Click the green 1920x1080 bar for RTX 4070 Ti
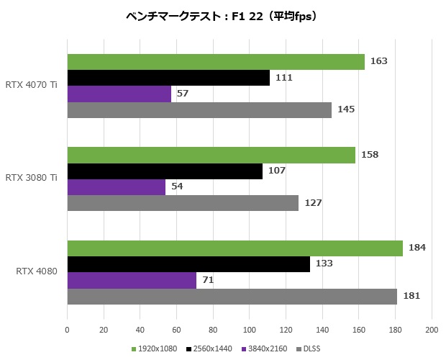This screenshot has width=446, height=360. click(216, 62)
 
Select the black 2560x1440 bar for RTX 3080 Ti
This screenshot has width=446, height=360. click(165, 171)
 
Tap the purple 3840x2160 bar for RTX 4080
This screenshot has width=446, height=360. click(132, 280)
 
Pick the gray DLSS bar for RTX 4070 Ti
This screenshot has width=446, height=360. click(199, 109)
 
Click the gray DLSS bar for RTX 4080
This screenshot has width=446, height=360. click(232, 296)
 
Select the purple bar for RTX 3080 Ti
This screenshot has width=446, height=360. click(117, 187)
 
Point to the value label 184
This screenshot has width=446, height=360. click(417, 248)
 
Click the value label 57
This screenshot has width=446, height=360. click(182, 94)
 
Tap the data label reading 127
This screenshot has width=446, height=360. click(312, 203)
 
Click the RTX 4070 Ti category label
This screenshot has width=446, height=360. click(32, 86)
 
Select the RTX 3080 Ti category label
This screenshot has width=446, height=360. click(32, 177)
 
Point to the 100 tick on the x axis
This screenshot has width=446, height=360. click(249, 330)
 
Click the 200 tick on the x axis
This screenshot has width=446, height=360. click(432, 330)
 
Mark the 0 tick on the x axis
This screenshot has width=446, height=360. click(67, 330)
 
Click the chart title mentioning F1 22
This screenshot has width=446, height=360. click(224, 15)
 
